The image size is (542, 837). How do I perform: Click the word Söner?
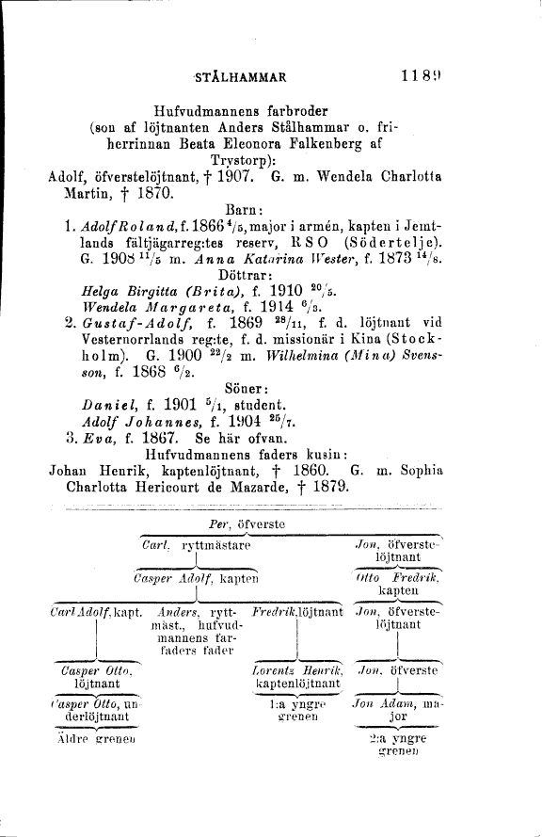[247, 443]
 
